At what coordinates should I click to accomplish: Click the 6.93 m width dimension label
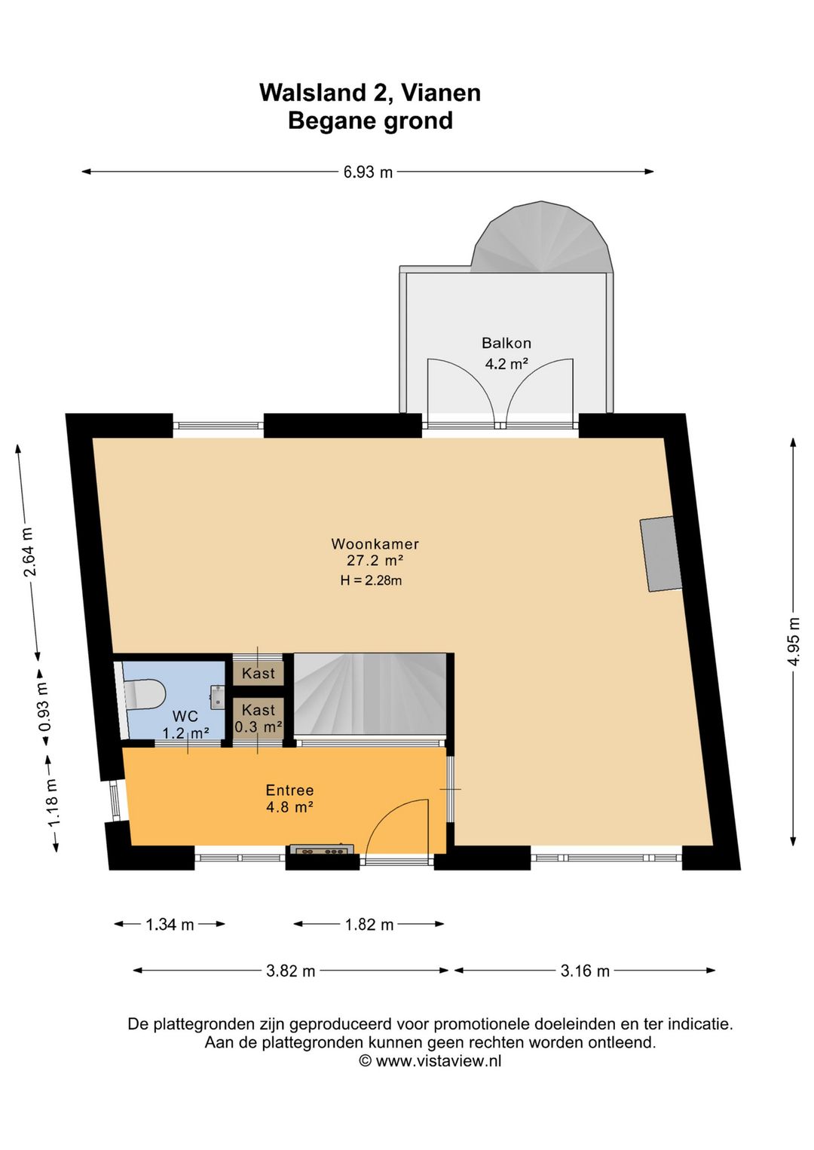tap(368, 172)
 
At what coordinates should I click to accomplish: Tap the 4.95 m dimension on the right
tap(794, 641)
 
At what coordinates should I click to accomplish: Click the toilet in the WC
tap(145, 695)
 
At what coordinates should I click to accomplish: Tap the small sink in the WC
tap(218, 697)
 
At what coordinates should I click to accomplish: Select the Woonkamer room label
tap(375, 543)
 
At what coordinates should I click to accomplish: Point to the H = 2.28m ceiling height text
tap(371, 580)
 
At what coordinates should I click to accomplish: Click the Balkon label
tap(506, 343)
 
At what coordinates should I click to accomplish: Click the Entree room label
tap(289, 790)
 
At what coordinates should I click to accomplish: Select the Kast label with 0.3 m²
tap(259, 718)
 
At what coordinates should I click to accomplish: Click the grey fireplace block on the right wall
tap(660, 554)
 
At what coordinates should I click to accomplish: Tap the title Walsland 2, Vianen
tap(370, 93)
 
